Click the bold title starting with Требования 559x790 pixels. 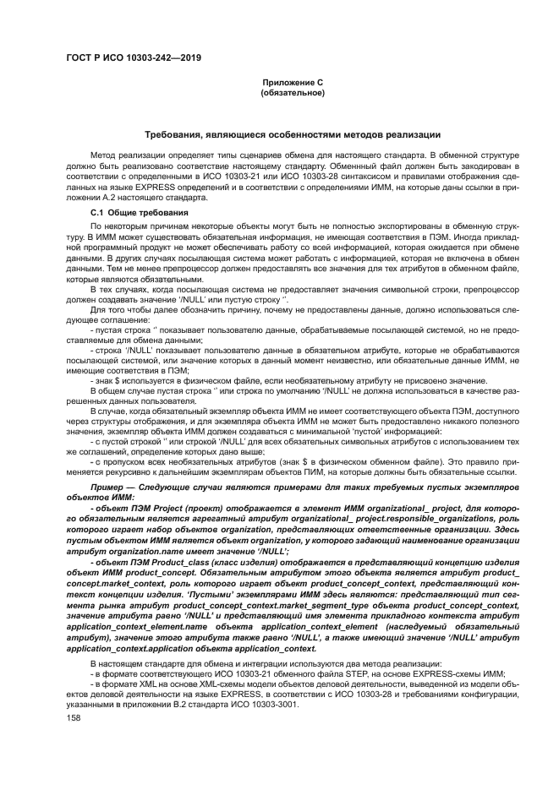click(x=292, y=135)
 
